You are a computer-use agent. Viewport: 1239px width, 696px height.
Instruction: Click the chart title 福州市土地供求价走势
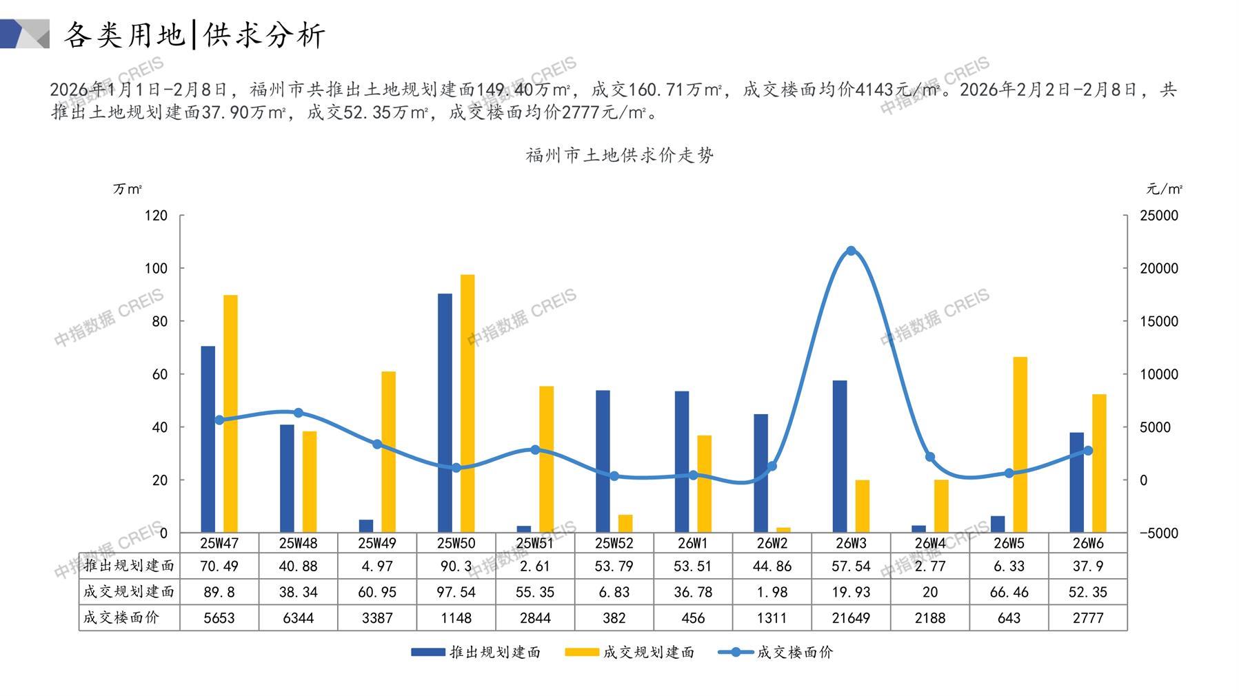click(x=619, y=155)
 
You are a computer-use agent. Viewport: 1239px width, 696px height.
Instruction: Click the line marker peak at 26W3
click(x=851, y=251)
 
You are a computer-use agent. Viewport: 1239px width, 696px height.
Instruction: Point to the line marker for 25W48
click(x=299, y=413)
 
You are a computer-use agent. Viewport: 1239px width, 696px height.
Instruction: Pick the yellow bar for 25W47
click(x=230, y=413)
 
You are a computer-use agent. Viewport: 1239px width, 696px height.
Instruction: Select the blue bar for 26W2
click(x=760, y=473)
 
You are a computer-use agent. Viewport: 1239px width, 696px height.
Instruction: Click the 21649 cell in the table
click(x=851, y=618)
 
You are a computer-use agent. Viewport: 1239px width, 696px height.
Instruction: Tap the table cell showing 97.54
click(x=456, y=592)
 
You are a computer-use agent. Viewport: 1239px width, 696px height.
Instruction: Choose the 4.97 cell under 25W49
click(x=377, y=566)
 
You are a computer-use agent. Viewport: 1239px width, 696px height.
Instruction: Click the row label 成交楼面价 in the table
click(x=121, y=618)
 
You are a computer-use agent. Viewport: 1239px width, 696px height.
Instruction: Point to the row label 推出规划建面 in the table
click(x=128, y=566)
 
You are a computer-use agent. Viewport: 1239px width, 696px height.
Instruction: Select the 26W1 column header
click(x=693, y=543)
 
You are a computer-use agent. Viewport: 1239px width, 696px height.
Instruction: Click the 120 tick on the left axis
click(x=156, y=216)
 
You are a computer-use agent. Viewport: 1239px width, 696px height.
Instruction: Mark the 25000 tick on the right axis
click(x=1158, y=216)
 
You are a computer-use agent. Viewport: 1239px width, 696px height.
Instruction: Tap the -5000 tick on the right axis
click(x=1158, y=533)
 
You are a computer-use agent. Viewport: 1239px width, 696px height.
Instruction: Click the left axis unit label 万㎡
click(x=128, y=189)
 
